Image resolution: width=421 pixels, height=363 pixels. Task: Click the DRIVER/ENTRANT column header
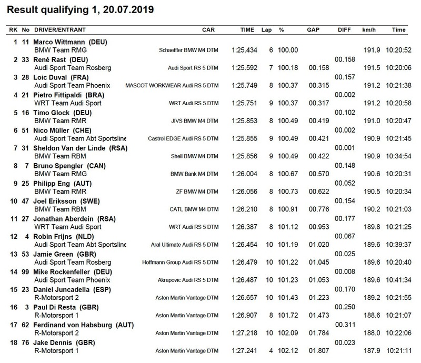(58, 30)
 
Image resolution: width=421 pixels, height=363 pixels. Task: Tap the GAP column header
(314, 30)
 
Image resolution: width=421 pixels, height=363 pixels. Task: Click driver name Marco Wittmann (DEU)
(71, 42)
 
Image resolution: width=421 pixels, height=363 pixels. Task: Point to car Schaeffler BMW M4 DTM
(188, 50)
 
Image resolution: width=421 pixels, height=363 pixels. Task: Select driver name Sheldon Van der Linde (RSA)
(78, 149)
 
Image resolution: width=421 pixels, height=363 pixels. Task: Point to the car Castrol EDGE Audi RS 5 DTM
(180, 139)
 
